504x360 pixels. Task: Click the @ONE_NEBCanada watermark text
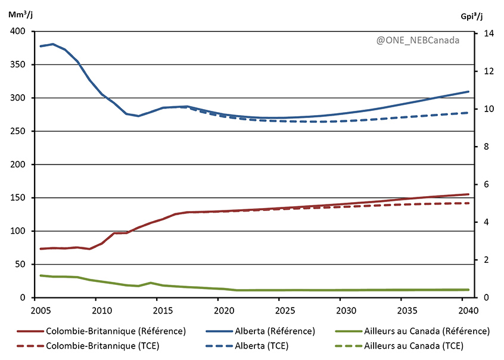[x=418, y=41]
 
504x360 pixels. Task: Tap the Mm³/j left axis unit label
[x=20, y=15]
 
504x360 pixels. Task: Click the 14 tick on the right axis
[x=484, y=33]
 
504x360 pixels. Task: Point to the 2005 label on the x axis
[x=41, y=310]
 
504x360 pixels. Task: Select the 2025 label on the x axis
[x=285, y=310]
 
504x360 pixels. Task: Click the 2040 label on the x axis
[x=468, y=310]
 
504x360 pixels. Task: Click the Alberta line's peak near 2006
[x=53, y=44]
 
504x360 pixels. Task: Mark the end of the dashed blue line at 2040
[x=468, y=113]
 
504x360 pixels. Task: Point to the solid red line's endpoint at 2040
[x=468, y=194]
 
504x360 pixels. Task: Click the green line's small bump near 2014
[x=151, y=283]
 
